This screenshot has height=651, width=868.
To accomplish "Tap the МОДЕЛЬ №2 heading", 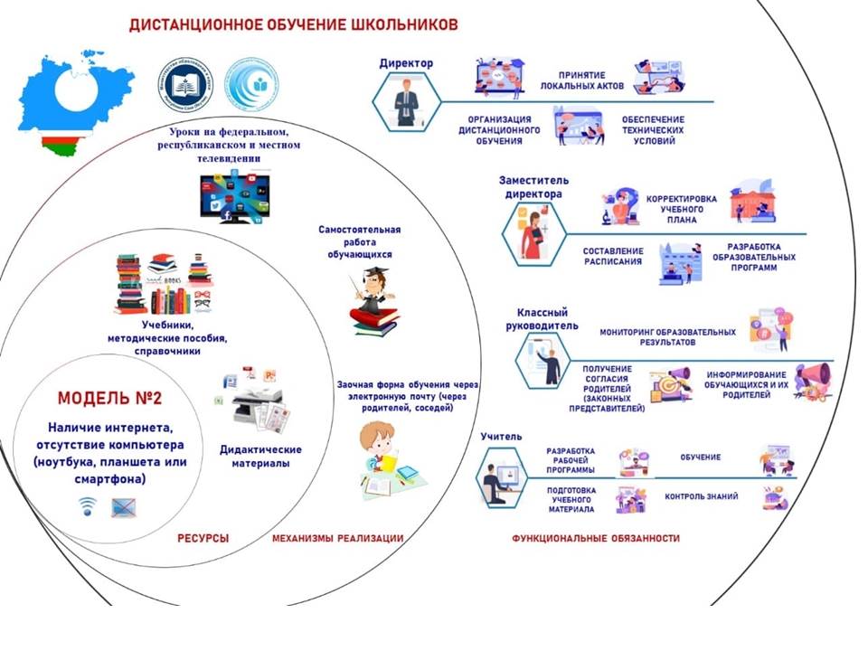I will click(x=111, y=399).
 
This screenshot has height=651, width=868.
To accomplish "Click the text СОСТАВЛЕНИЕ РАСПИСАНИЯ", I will click(x=612, y=256).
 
